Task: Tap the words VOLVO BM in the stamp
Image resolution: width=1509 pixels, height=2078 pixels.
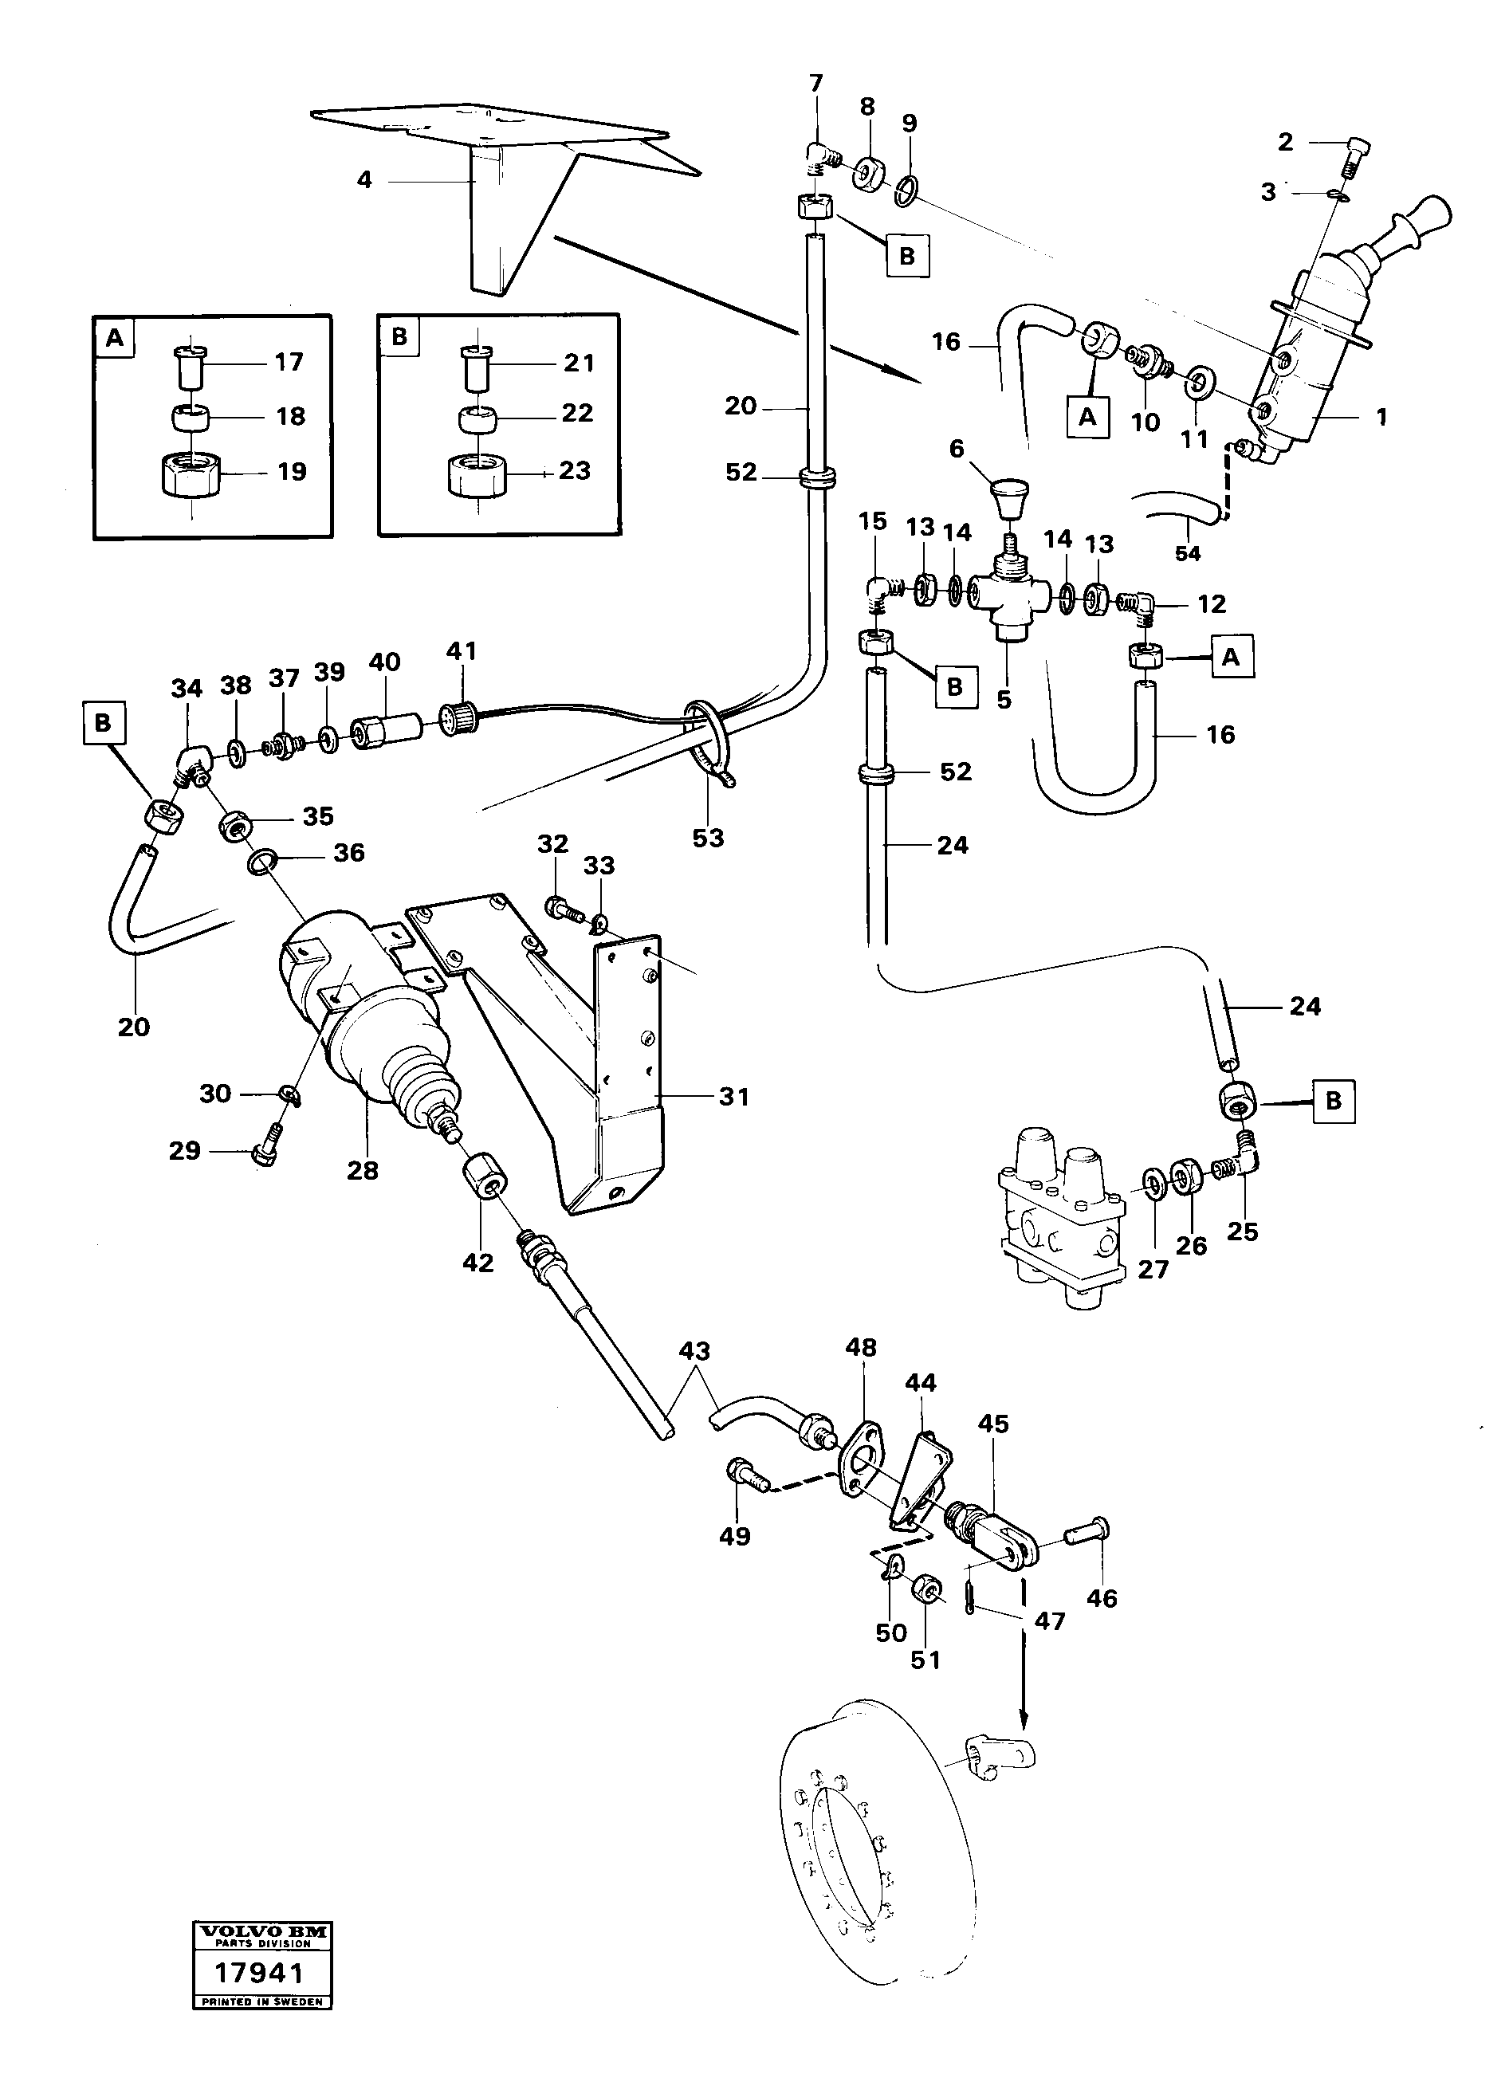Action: coord(261,1931)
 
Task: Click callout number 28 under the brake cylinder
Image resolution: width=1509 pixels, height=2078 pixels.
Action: coord(362,1170)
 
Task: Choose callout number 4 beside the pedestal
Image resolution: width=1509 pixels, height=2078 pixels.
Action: coord(364,180)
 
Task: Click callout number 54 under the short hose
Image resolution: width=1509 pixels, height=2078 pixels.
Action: coord(1188,554)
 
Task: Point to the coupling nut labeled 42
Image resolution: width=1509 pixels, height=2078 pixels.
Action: coord(484,1178)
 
